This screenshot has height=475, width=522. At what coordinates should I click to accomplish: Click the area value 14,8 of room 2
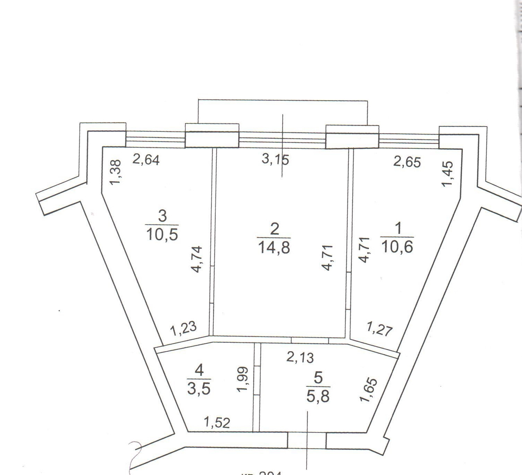click(274, 248)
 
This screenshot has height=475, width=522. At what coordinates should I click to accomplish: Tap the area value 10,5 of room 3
click(162, 234)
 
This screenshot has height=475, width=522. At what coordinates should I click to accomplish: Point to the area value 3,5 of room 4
click(199, 389)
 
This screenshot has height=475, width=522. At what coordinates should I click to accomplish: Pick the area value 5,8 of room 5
click(318, 396)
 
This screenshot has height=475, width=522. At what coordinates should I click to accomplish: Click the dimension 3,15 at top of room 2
click(275, 160)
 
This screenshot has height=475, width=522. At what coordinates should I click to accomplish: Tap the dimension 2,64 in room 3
click(146, 160)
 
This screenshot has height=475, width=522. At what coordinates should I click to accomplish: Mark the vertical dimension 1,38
click(116, 172)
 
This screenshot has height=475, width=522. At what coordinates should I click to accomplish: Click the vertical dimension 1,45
click(447, 174)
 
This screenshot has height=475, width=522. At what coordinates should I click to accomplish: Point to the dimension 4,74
click(197, 259)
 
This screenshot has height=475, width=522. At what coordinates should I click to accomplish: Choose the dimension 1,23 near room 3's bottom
click(183, 329)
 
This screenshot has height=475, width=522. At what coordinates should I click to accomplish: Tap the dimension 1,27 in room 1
click(380, 329)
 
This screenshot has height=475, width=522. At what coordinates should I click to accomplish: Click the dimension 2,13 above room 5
click(300, 357)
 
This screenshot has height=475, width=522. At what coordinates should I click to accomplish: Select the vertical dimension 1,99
click(243, 379)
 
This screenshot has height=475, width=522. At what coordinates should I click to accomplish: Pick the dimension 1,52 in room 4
click(217, 422)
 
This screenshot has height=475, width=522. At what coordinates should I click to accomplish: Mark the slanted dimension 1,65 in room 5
click(368, 390)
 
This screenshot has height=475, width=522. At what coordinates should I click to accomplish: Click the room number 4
click(199, 371)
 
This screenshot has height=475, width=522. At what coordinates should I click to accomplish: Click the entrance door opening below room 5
click(307, 440)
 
